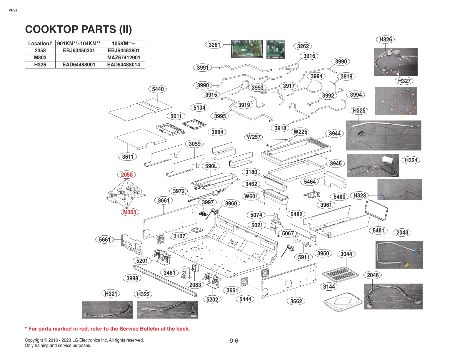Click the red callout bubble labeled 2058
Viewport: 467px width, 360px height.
point(127,175)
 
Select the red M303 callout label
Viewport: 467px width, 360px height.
point(129,212)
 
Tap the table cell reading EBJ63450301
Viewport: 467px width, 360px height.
point(79,51)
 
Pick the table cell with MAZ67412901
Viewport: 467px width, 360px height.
point(124,58)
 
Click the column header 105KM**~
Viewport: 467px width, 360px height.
point(124,43)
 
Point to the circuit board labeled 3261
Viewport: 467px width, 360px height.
point(247,48)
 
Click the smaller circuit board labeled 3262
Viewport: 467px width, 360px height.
point(276,49)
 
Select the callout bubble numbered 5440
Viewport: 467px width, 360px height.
point(158,89)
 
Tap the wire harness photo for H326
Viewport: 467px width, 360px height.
point(396,62)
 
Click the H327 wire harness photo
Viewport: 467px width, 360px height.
point(396,101)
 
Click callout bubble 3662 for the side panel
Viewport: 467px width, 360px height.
point(296,301)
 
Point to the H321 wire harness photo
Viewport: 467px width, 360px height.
point(107,310)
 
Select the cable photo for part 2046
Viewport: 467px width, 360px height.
point(393,296)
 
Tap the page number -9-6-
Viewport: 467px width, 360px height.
point(234,341)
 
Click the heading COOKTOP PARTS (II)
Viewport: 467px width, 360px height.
point(79,29)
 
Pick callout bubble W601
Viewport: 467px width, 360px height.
point(251,196)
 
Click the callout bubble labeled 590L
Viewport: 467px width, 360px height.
point(211,166)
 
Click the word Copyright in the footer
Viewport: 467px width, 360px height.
point(34,340)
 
